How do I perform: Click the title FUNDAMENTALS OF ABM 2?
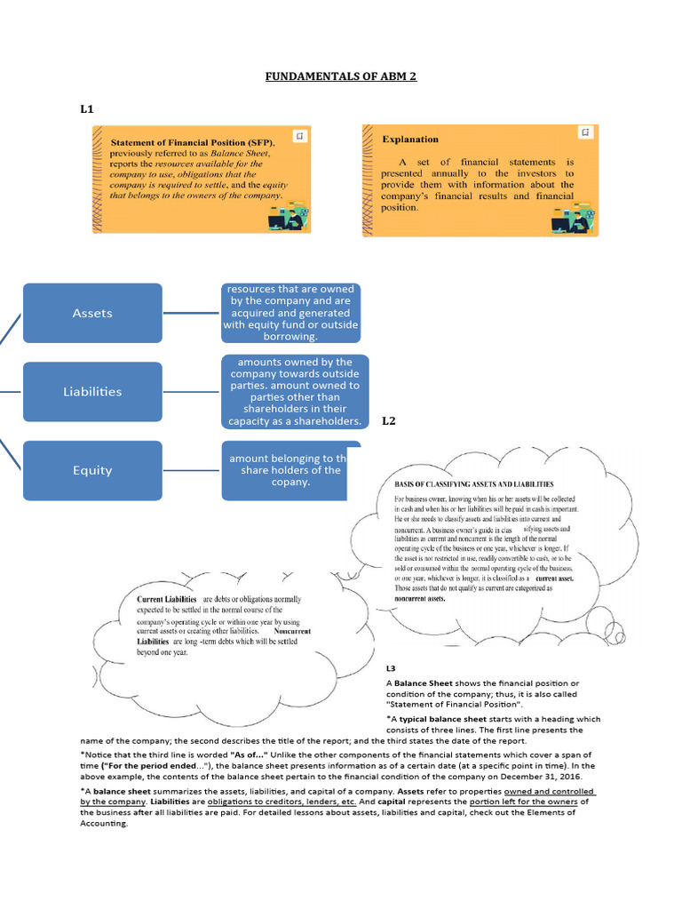tap(341, 76)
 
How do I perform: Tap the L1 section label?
tap(87, 109)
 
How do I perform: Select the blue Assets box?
tap(92, 313)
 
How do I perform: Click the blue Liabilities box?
tap(92, 391)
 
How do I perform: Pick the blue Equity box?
tap(92, 470)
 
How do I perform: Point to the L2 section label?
tap(389, 421)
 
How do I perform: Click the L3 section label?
tap(391, 667)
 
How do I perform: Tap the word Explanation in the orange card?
tap(410, 140)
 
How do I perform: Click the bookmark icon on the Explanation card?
tap(584, 132)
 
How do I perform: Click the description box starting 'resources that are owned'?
tap(291, 313)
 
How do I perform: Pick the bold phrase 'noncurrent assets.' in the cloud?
tap(420, 599)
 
